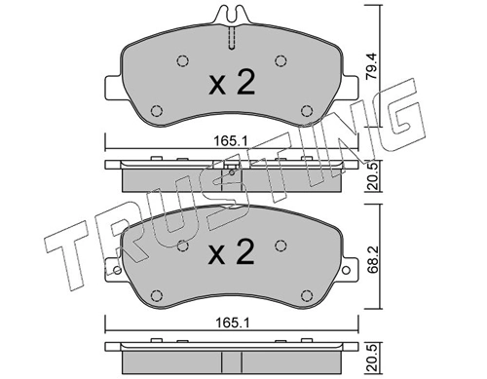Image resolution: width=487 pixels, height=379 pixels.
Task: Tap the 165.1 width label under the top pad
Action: click(x=231, y=141)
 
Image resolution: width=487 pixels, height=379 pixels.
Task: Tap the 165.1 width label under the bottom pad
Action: click(x=232, y=322)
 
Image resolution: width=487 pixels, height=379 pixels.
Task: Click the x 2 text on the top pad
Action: click(x=232, y=82)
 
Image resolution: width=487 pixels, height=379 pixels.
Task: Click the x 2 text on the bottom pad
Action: click(x=232, y=251)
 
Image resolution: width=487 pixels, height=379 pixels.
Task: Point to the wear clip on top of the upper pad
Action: click(x=231, y=15)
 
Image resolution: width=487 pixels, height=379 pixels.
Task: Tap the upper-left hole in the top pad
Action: click(x=183, y=60)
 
